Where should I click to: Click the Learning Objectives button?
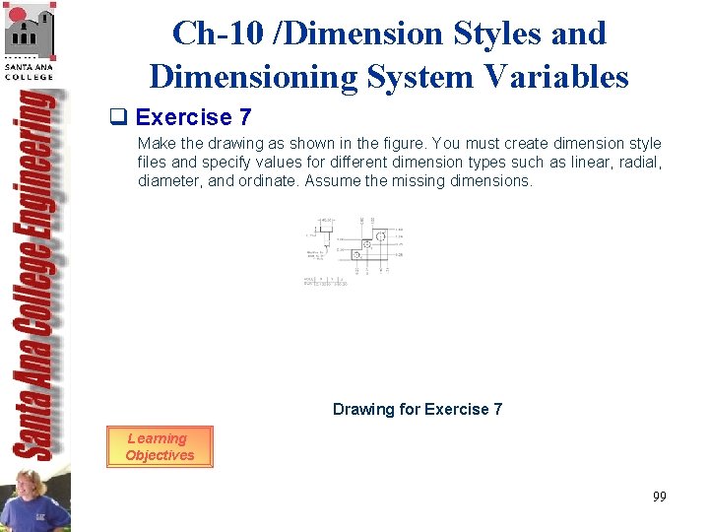tap(159, 446)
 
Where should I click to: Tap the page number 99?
tap(659, 497)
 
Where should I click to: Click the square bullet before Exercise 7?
tap(125, 118)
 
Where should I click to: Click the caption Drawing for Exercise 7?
tap(417, 409)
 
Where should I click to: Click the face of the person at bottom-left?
tap(26, 489)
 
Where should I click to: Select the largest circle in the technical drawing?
tap(380, 235)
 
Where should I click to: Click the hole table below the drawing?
tap(325, 282)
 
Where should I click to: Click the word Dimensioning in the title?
tap(253, 76)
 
